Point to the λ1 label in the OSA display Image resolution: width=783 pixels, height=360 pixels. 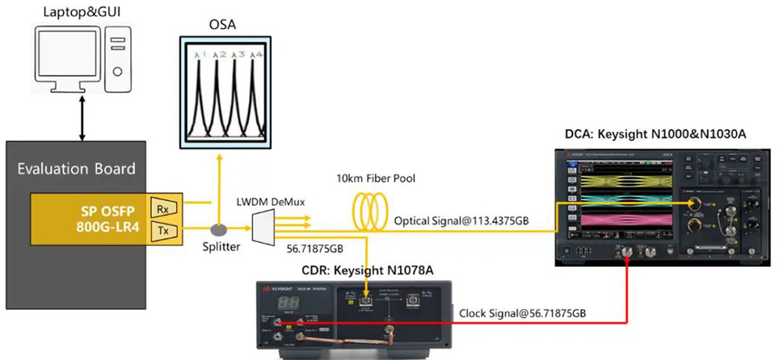(200, 55)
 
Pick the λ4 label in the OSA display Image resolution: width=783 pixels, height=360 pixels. (256, 55)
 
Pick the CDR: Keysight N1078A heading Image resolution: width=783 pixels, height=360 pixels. (359, 271)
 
